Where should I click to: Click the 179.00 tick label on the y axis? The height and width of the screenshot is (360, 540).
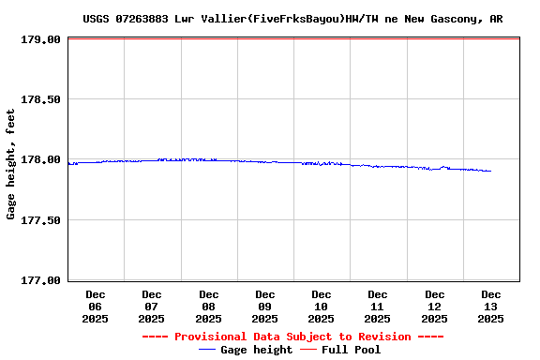(x=41, y=40)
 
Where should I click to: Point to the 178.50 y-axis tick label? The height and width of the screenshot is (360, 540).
(x=41, y=100)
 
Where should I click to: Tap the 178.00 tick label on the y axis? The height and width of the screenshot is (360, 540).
(x=41, y=160)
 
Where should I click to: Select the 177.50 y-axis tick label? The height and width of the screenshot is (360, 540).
(x=41, y=220)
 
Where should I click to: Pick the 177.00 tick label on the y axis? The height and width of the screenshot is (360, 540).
(x=41, y=280)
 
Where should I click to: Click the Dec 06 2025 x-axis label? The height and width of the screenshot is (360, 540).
(x=96, y=307)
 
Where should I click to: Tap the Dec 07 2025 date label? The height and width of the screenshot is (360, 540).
(x=152, y=307)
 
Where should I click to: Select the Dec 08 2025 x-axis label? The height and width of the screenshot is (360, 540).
(x=208, y=307)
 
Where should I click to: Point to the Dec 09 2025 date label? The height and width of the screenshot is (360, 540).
(x=265, y=307)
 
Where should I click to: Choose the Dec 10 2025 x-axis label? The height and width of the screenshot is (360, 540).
(x=322, y=307)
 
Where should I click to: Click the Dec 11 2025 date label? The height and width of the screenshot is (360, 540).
(x=378, y=307)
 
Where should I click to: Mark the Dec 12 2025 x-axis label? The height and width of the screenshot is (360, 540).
(x=434, y=307)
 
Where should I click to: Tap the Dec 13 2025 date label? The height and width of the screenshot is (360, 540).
(x=490, y=307)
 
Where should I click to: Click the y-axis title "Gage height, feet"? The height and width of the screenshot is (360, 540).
(x=11, y=164)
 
